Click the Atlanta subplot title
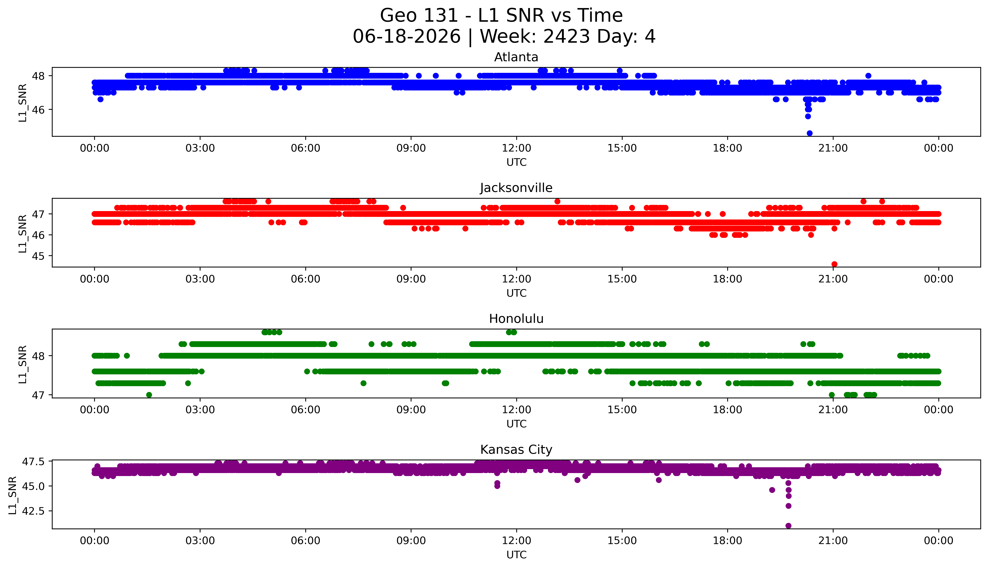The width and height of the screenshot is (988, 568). click(516, 57)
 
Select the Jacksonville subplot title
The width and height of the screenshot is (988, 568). click(516, 188)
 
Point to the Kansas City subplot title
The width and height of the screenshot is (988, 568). click(516, 450)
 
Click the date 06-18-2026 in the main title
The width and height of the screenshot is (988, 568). click(407, 37)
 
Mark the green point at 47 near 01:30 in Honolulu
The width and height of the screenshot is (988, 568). click(149, 395)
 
